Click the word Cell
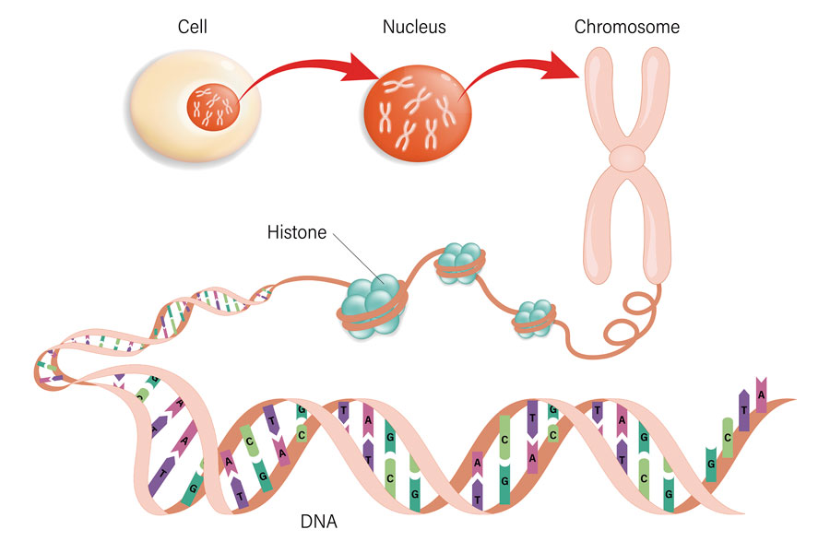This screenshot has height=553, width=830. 192,27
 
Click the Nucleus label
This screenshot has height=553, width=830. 414,27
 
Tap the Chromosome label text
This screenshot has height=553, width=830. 627,27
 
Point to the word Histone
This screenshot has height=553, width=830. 296,231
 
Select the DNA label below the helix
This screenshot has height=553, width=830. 319,522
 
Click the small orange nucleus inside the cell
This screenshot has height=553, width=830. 213,107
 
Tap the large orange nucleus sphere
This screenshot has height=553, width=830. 417,112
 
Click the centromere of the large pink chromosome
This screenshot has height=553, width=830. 627,158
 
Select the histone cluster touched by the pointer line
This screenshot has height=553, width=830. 373,306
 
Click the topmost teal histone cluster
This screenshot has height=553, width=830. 459,263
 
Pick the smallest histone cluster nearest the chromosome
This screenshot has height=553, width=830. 534,319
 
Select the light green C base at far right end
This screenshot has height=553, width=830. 728,437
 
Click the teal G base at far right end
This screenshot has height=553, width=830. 711,464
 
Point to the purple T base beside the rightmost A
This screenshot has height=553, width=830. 744,410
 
